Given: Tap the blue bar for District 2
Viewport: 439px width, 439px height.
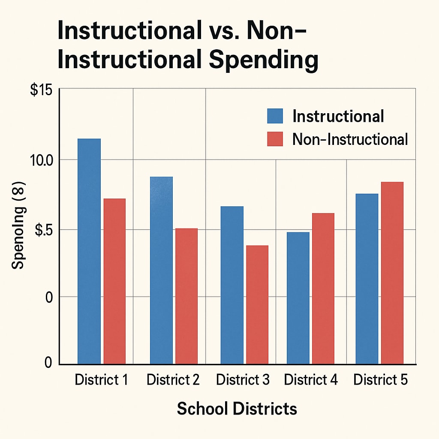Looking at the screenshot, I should point(161,270).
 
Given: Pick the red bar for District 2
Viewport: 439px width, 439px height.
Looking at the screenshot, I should point(186,296).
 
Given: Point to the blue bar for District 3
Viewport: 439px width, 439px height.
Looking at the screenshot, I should point(232,285).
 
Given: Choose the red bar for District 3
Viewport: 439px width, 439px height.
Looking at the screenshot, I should point(257,304).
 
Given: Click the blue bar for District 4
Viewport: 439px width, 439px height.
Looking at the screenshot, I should point(298,298).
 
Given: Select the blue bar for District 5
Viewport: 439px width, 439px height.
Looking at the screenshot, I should point(367,279).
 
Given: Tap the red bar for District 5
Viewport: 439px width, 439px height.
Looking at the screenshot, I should point(392,273).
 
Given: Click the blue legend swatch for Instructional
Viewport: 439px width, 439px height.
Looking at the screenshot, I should point(275,116).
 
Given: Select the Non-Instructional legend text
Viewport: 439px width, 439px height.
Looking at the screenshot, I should point(350,139).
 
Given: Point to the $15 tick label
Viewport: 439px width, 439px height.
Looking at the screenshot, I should point(41,91).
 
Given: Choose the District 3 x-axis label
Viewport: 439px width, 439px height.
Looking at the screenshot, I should point(243,380).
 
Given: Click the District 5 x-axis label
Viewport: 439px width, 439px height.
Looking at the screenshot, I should point(381,380).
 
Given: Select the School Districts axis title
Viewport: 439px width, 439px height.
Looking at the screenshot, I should point(237,409).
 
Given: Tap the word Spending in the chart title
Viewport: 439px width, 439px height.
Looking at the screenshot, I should point(264,60).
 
